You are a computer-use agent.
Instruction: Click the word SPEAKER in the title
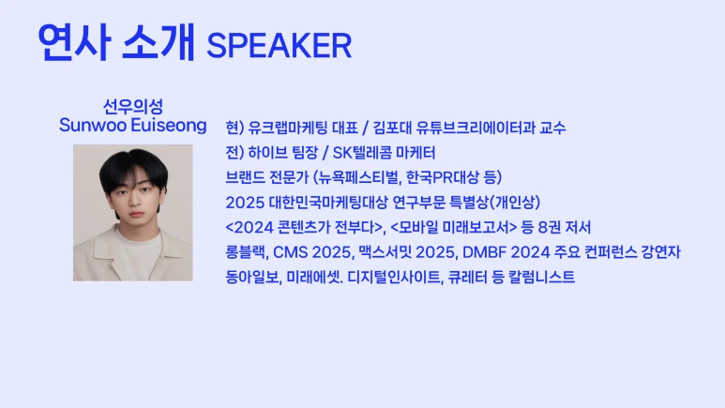click(x=279, y=44)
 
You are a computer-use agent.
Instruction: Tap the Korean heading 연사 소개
click(x=116, y=41)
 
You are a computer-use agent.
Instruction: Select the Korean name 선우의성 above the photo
click(x=133, y=106)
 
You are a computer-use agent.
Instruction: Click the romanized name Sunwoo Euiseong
click(x=133, y=125)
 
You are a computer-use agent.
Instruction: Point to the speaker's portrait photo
click(x=133, y=213)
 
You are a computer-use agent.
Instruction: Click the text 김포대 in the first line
click(x=392, y=128)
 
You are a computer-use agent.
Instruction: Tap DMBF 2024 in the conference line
click(x=491, y=252)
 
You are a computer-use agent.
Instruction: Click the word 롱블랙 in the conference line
click(x=246, y=252)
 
